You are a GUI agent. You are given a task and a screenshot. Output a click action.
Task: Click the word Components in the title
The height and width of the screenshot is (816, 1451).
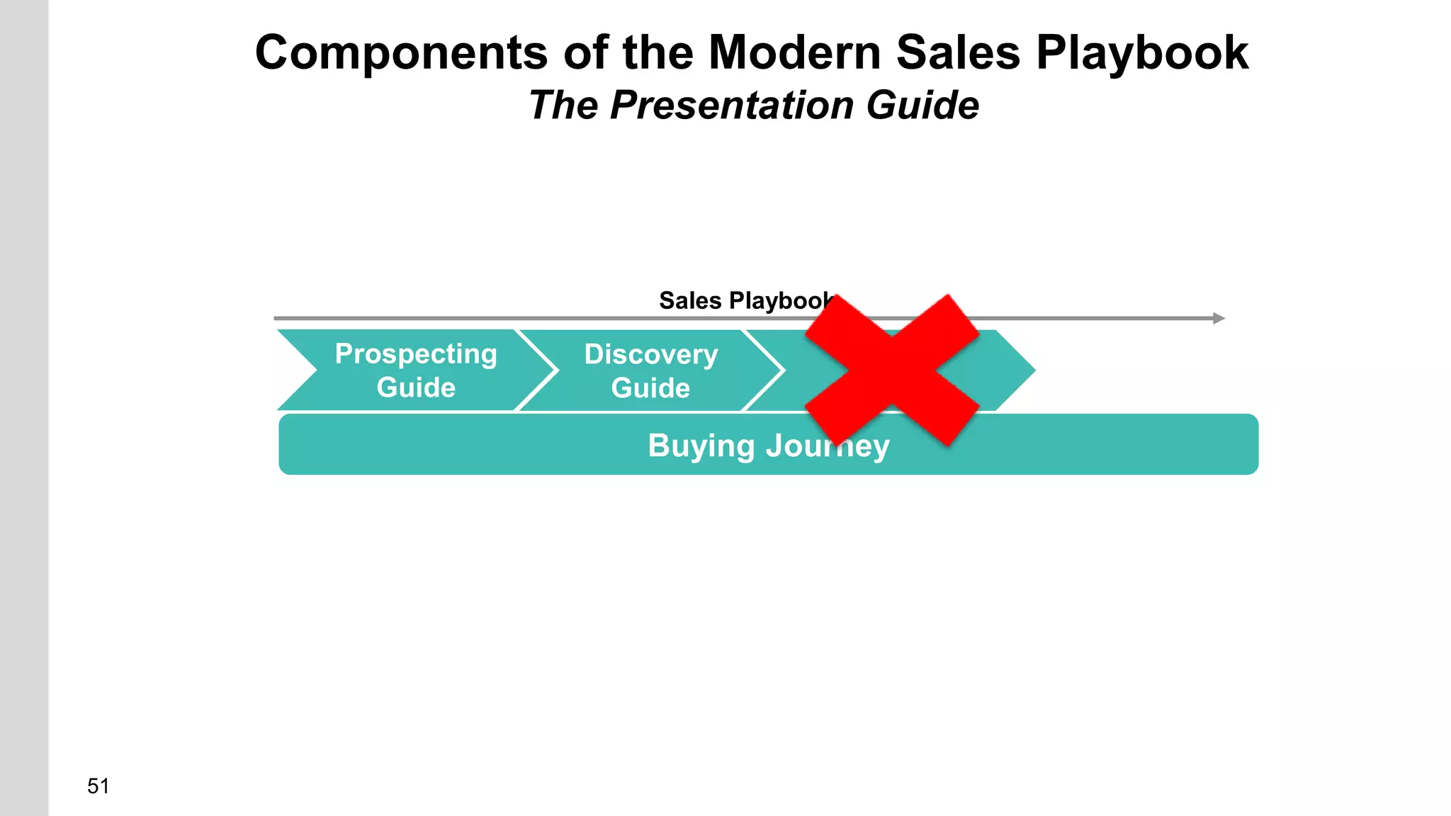(x=401, y=53)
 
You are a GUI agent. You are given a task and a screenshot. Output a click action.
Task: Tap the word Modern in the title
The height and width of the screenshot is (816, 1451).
(x=794, y=53)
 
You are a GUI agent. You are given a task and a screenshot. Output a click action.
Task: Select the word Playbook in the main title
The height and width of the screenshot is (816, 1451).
(x=1142, y=53)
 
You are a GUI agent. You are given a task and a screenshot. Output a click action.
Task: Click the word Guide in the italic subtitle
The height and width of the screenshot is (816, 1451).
(x=922, y=106)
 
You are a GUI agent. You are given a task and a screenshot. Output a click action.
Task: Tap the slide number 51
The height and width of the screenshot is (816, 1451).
(x=98, y=786)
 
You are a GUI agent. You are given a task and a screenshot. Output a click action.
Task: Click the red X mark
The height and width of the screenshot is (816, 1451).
(x=892, y=370)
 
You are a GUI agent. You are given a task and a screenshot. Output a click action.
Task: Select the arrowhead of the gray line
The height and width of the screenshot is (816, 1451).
(x=1219, y=318)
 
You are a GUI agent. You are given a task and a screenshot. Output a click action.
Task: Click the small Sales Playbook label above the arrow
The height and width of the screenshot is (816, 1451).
(x=744, y=301)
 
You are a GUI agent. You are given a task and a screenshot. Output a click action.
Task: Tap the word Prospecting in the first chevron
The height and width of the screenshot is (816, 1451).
(x=416, y=353)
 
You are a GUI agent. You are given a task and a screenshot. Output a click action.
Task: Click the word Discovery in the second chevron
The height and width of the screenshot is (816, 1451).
(x=650, y=354)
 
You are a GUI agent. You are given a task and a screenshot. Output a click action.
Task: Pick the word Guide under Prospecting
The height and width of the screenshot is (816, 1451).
(x=416, y=387)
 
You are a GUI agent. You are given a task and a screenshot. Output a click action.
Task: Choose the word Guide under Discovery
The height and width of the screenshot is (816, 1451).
(x=650, y=388)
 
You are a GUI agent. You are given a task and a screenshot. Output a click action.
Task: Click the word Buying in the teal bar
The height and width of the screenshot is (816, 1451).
(x=701, y=446)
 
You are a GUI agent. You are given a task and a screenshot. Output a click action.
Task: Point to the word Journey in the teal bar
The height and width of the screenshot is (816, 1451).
(x=828, y=446)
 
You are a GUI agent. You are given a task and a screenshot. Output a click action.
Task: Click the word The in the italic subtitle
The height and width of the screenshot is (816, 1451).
(x=563, y=106)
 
